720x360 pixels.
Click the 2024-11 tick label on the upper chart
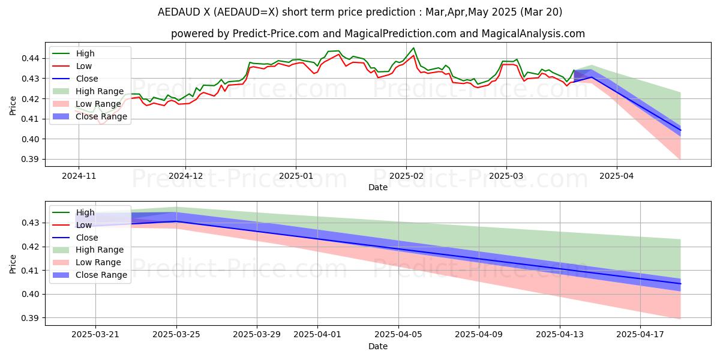coord(78,177)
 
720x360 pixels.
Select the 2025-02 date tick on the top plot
coord(406,177)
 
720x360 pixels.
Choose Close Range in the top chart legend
coord(101,116)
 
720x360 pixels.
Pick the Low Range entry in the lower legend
coord(98,262)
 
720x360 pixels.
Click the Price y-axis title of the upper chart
coord(13,104)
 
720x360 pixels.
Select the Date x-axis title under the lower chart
coord(378,346)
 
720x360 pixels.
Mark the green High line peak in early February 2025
coord(413,48)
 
